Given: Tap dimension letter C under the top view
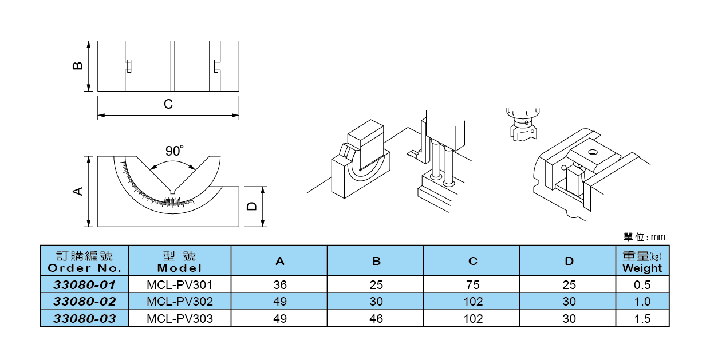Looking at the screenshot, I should pyautogui.click(x=168, y=105).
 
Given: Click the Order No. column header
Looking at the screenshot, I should pyautogui.click(x=85, y=262).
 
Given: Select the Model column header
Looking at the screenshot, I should pyautogui.click(x=180, y=262).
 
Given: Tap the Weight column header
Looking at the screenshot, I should pyautogui.click(x=642, y=262).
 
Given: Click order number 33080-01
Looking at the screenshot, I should pyautogui.click(x=85, y=284).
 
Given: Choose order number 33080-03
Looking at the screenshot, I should pyautogui.click(x=85, y=319).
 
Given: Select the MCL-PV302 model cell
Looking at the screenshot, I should pyautogui.click(x=180, y=302).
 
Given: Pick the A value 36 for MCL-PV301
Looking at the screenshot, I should pyautogui.click(x=280, y=284).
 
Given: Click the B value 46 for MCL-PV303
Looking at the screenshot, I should pyautogui.click(x=376, y=319).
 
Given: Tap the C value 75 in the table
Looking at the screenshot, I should pyautogui.click(x=472, y=284).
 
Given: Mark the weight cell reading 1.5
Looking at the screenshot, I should pyautogui.click(x=643, y=319).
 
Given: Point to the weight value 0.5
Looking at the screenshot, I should pyautogui.click(x=643, y=284).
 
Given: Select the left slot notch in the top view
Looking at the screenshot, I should pyautogui.click(x=129, y=66).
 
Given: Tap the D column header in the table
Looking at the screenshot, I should pyautogui.click(x=569, y=262).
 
